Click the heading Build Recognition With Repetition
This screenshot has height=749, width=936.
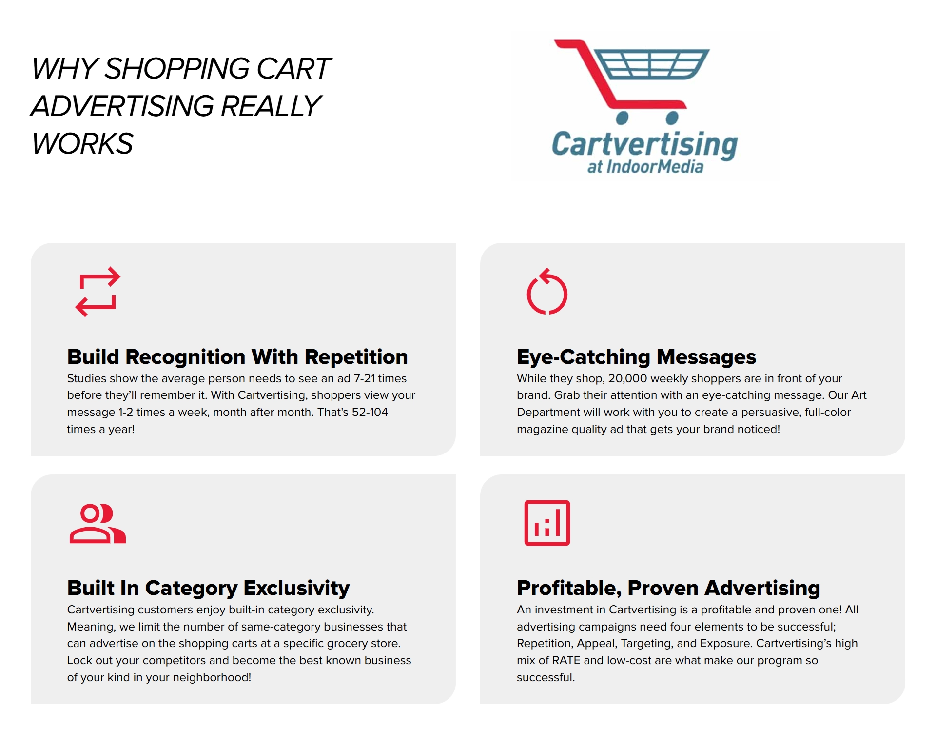pos(237,356)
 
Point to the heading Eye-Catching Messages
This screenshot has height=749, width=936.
pos(636,357)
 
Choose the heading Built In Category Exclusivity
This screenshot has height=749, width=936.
pos(208,588)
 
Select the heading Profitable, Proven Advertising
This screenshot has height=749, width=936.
pos(668,588)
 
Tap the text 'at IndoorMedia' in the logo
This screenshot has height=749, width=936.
pos(645,167)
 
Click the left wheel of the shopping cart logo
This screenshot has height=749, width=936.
pos(623,118)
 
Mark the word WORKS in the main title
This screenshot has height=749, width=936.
pos(82,143)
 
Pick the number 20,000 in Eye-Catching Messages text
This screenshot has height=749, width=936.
pos(627,379)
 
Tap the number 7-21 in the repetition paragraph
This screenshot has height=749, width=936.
pos(364,378)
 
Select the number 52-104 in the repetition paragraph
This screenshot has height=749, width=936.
pos(370,412)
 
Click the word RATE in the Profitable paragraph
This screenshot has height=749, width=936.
pos(566,660)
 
